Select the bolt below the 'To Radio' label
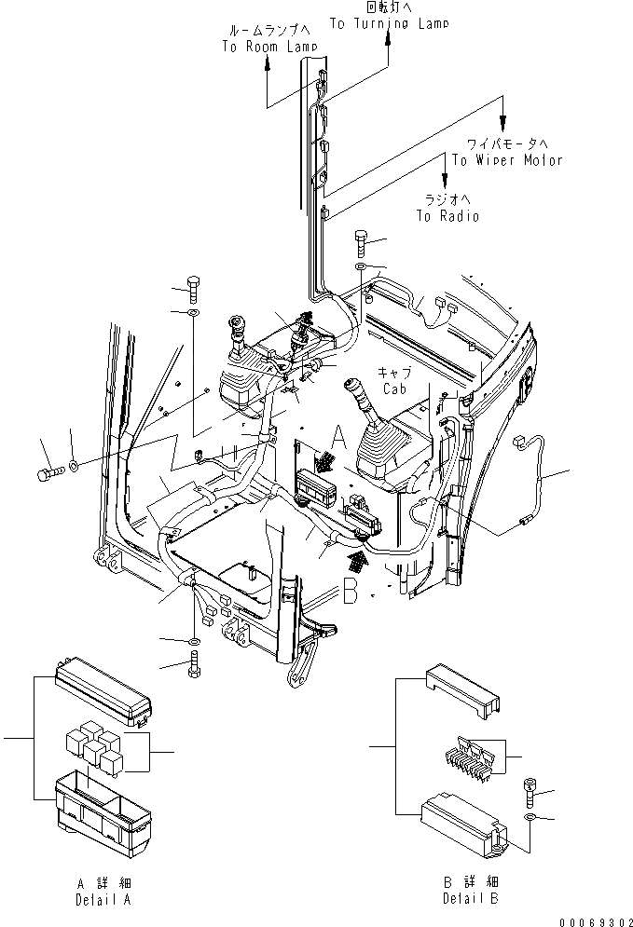pyautogui.click(x=363, y=245)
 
